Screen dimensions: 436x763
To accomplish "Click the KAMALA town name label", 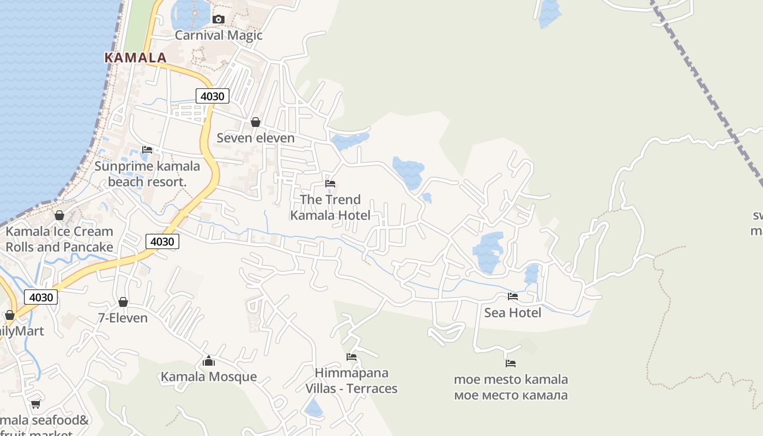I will (x=135, y=57).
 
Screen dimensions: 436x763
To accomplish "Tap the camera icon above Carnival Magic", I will (x=219, y=20).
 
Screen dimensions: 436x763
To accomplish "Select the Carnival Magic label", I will (x=219, y=35).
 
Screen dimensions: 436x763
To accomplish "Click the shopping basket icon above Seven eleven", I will (x=255, y=122).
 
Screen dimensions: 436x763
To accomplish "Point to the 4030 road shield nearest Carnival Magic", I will (x=213, y=96).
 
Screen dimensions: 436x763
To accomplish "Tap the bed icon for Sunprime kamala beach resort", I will (x=147, y=150).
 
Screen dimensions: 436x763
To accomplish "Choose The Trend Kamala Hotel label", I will (x=330, y=208).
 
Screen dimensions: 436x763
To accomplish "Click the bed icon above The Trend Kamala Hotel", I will (x=330, y=184).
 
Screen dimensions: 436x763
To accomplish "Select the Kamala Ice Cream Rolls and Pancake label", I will (x=59, y=239).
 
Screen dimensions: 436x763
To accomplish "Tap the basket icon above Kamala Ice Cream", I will (x=59, y=216).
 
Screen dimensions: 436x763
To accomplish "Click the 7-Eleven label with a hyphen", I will (x=123, y=318).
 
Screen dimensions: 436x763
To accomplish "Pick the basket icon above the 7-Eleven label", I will (x=123, y=302).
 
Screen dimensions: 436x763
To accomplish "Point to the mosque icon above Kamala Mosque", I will (x=209, y=361).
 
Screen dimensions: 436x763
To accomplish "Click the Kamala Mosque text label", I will (x=209, y=377).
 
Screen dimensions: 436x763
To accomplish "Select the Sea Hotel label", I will (x=513, y=313).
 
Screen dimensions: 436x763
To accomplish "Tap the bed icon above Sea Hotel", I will (x=513, y=296).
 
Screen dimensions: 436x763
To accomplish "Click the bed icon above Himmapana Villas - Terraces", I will (x=352, y=358).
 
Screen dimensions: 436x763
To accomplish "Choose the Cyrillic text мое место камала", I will (x=511, y=395).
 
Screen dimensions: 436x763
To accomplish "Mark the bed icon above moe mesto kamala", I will (x=511, y=364).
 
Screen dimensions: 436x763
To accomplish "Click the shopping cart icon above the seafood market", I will (x=36, y=404).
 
